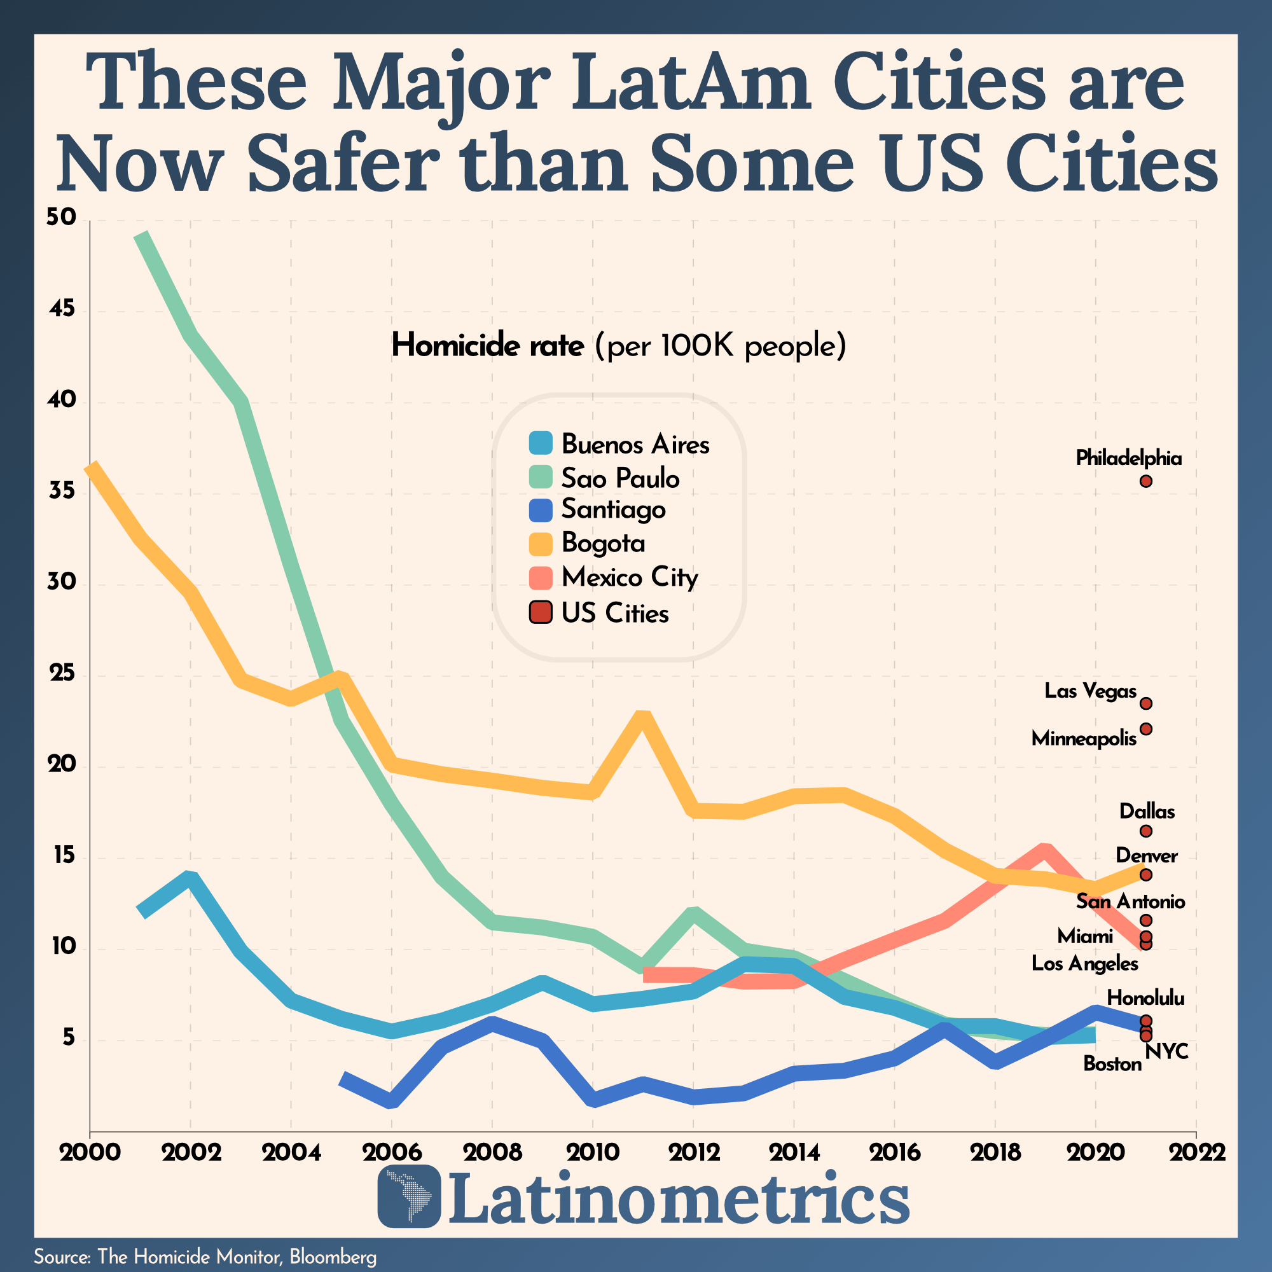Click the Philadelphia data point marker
(x=1145, y=481)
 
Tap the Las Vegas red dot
(x=1145, y=704)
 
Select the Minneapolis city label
(x=1084, y=738)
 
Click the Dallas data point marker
(x=1145, y=831)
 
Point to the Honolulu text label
(x=1145, y=998)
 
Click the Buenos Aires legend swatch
(x=541, y=443)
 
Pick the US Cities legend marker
(x=541, y=612)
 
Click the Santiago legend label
(x=613, y=509)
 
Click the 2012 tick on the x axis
(x=694, y=1152)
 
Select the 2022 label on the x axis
(x=1196, y=1152)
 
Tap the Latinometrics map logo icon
(x=409, y=1196)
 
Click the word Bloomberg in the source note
(x=333, y=1256)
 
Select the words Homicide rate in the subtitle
(x=487, y=345)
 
